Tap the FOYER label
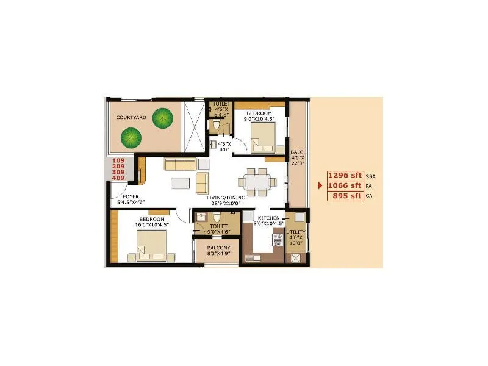pyautogui.click(x=131, y=196)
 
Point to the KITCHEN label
pyautogui.click(x=268, y=218)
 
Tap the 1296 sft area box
pyautogui.click(x=345, y=175)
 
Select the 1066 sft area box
pyautogui.click(x=345, y=185)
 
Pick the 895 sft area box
pyautogui.click(x=345, y=196)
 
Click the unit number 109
pyautogui.click(x=118, y=160)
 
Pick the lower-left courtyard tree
pyautogui.click(x=131, y=137)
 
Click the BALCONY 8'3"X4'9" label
pyautogui.click(x=218, y=251)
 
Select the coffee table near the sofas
pyautogui.click(x=180, y=183)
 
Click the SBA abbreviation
pyautogui.click(x=370, y=176)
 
